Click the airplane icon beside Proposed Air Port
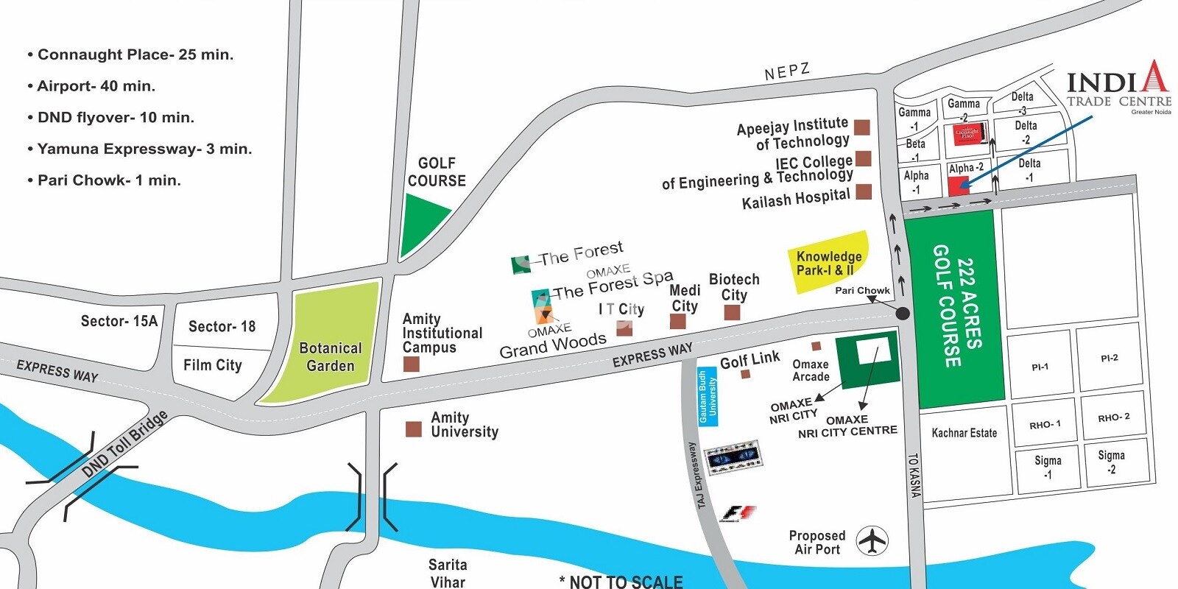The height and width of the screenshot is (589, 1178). coord(873,541)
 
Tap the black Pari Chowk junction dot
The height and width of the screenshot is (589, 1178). coord(903,314)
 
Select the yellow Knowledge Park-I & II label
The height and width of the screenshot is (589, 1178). coord(828,263)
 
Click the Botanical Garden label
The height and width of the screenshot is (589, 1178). coord(330,357)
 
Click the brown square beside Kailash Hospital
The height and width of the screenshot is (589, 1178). coord(864,192)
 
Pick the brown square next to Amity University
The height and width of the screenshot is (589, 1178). coord(414,429)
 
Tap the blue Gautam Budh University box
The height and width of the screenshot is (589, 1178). coord(708,397)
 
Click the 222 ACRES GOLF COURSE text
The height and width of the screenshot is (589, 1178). coord(957,306)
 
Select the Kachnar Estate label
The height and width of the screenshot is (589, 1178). coord(964,433)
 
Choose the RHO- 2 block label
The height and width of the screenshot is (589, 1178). coord(1113,417)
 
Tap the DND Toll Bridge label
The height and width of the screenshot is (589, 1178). coord(125,444)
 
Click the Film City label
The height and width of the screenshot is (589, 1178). coord(212,365)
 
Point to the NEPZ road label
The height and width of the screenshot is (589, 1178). coord(787,72)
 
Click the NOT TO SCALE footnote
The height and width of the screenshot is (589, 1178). coord(621,582)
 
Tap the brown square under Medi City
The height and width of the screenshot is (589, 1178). coord(678,322)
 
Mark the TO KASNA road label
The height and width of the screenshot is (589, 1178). coord(914,475)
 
